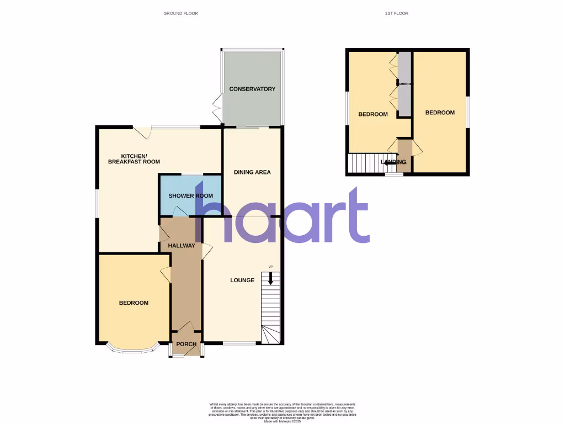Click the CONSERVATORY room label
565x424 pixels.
[x=252, y=89]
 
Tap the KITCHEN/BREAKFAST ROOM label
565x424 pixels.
[x=134, y=158]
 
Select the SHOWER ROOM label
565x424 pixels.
[x=190, y=196]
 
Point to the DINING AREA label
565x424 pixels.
[x=252, y=172]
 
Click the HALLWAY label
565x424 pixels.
[x=182, y=246]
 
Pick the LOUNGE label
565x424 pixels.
[x=242, y=280]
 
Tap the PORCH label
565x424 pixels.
[x=186, y=344]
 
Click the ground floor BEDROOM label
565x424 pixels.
[x=134, y=303]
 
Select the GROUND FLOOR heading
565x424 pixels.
[x=180, y=13]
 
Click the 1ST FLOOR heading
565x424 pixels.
[x=397, y=13]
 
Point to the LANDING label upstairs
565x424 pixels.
[x=394, y=162]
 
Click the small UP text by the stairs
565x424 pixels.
[x=270, y=267]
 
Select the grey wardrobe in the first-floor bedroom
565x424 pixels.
[x=404, y=83]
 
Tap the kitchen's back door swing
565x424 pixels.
[x=143, y=133]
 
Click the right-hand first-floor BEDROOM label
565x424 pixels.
[x=440, y=113]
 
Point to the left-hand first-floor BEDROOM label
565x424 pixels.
[x=373, y=115]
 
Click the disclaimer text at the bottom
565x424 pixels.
[x=282, y=411]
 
